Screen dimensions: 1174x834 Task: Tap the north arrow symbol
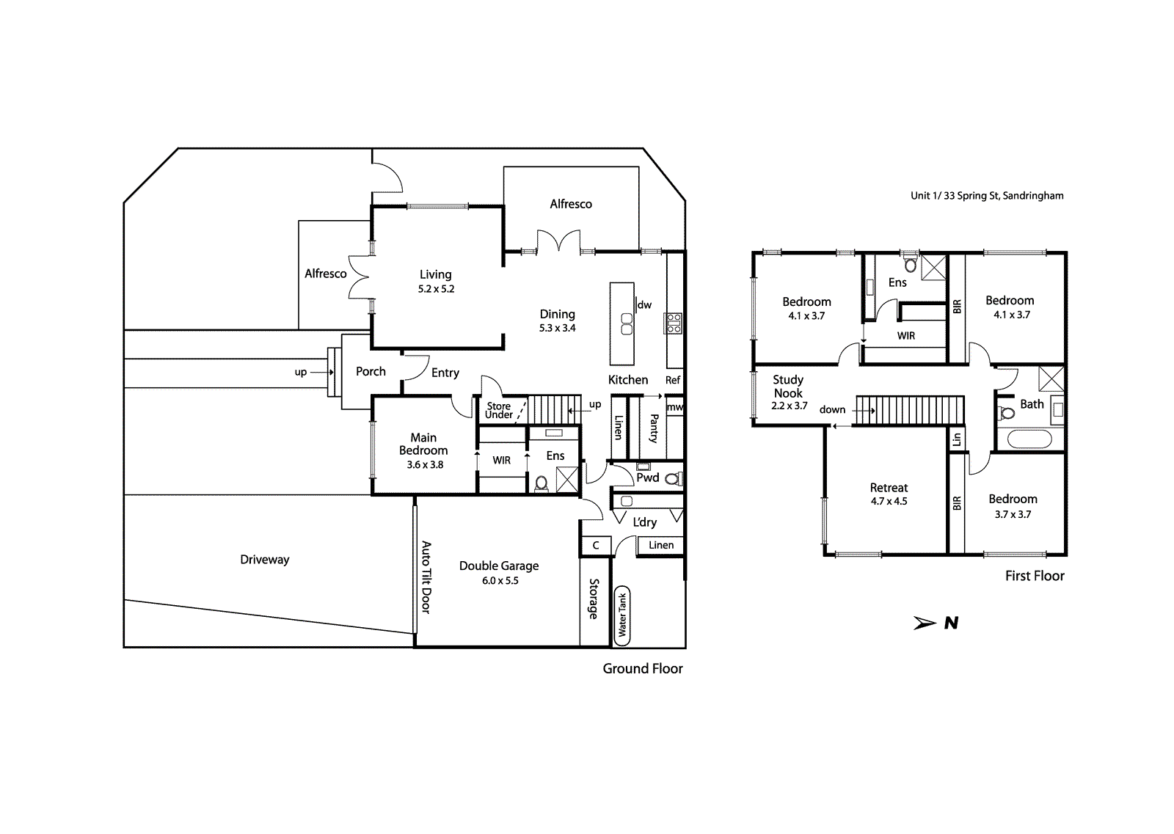click(936, 623)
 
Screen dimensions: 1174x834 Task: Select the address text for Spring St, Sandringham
click(987, 196)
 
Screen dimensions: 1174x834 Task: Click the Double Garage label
click(499, 566)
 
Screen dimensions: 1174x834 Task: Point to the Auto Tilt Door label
click(426, 577)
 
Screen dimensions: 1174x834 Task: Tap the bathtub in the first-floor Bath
click(1029, 439)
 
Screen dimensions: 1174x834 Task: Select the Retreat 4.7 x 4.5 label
click(889, 494)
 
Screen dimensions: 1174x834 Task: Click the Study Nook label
click(788, 386)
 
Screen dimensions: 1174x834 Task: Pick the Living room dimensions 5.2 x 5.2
click(436, 289)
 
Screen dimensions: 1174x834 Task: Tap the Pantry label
click(654, 428)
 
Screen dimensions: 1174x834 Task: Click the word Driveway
click(265, 560)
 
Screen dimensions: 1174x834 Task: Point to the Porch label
click(371, 371)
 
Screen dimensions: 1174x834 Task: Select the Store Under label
click(499, 410)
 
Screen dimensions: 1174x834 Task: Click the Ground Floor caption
click(643, 668)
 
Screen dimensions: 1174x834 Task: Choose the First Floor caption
click(1035, 576)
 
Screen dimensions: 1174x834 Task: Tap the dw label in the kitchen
click(645, 304)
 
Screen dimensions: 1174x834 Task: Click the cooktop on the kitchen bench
click(674, 323)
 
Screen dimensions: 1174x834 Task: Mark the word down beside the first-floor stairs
click(833, 410)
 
